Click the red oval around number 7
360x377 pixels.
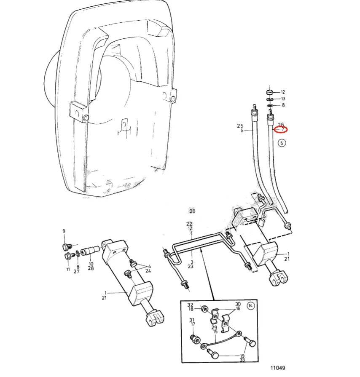[282, 129]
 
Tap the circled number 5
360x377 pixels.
[282, 143]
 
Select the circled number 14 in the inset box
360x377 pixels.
[250, 306]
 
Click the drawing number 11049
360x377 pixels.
[278, 368]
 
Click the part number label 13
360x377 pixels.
[283, 99]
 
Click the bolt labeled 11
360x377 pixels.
[68, 256]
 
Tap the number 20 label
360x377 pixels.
[192, 211]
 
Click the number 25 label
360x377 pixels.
[240, 126]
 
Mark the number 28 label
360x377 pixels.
[91, 268]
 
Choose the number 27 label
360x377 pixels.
[77, 271]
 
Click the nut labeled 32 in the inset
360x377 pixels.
[204, 308]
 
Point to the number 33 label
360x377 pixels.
[242, 360]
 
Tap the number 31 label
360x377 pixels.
[192, 320]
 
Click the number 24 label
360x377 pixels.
[148, 271]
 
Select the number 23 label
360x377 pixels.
[191, 266]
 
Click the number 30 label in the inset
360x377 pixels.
[238, 304]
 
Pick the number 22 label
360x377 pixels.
[189, 224]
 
